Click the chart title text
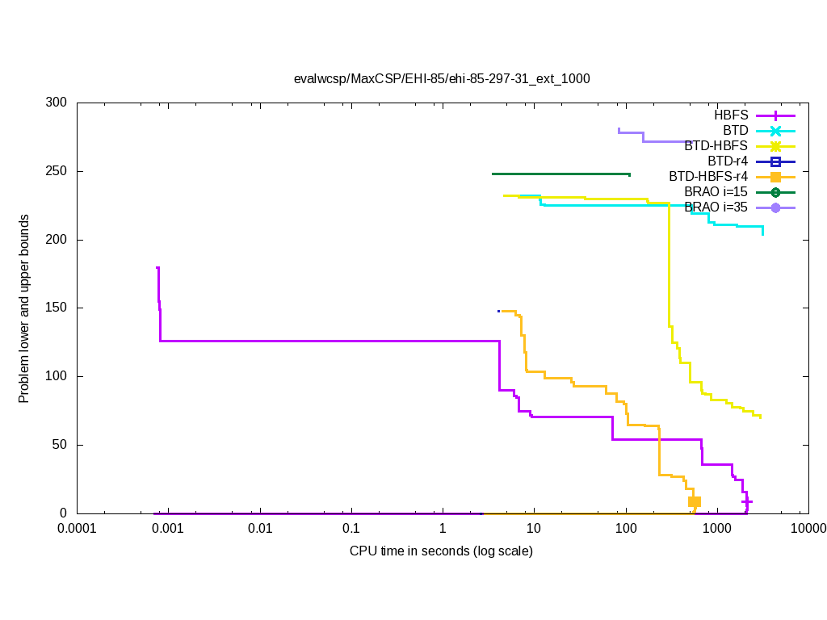(x=442, y=79)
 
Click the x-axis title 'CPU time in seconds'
(x=441, y=551)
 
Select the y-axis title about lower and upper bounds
(x=25, y=309)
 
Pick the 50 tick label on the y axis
(x=60, y=445)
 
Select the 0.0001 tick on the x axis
(x=77, y=529)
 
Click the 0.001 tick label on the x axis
(x=168, y=529)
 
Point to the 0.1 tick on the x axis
(x=351, y=529)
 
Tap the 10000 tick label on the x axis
(x=808, y=529)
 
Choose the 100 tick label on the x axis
(x=625, y=529)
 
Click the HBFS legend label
(x=731, y=115)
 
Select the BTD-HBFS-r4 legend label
(x=708, y=177)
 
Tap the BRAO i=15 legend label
(x=716, y=192)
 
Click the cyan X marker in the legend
(x=775, y=131)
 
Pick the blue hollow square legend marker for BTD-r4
(x=775, y=161)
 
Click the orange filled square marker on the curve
(x=694, y=501)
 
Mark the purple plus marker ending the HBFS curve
(x=747, y=501)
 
